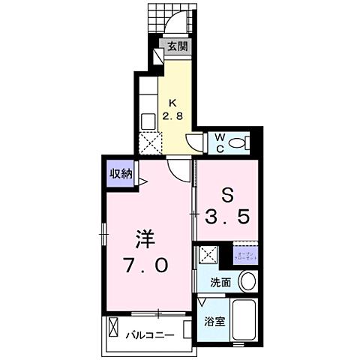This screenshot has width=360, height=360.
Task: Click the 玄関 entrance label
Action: [177, 46]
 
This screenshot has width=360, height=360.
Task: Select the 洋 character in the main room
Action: [145, 239]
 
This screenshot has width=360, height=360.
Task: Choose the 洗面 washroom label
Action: [220, 283]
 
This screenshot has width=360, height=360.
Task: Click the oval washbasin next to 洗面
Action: [248, 282]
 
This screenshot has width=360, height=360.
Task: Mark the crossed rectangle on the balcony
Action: [114, 328]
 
